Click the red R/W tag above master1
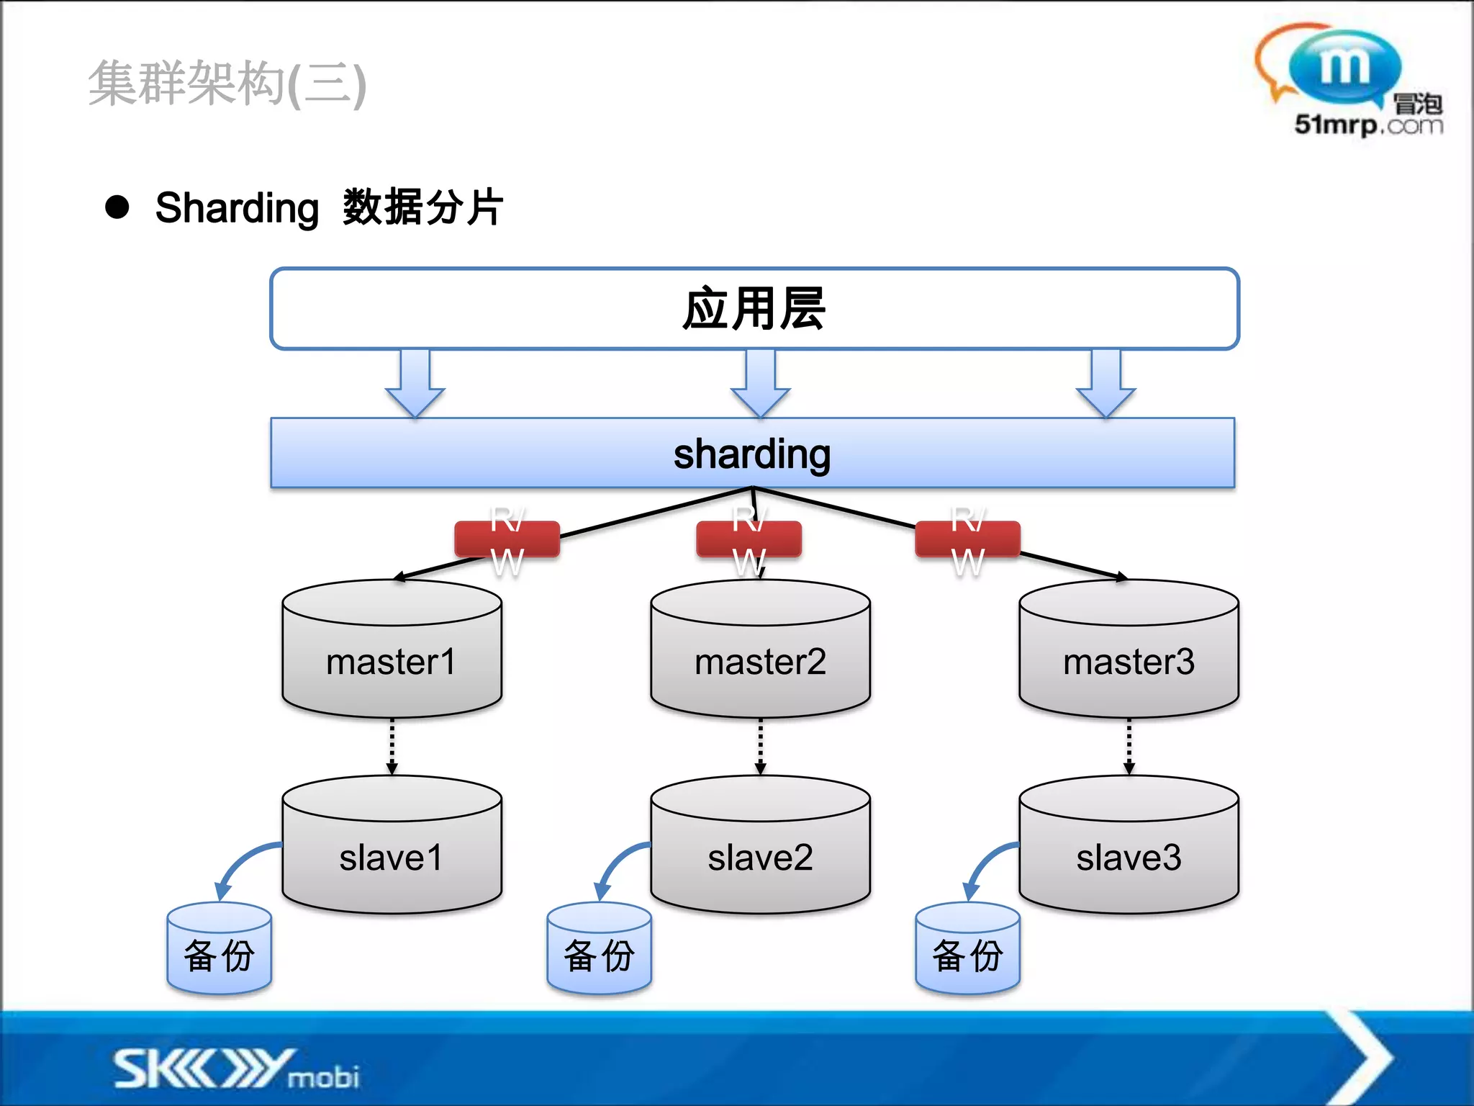(x=507, y=539)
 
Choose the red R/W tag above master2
(x=749, y=539)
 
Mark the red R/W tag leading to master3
(x=967, y=539)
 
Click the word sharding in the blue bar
(x=752, y=454)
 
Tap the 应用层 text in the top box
(x=754, y=309)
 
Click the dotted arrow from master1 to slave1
(x=392, y=746)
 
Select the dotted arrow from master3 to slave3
(x=1129, y=746)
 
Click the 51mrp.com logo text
(x=1367, y=125)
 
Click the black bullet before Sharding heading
(x=117, y=207)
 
